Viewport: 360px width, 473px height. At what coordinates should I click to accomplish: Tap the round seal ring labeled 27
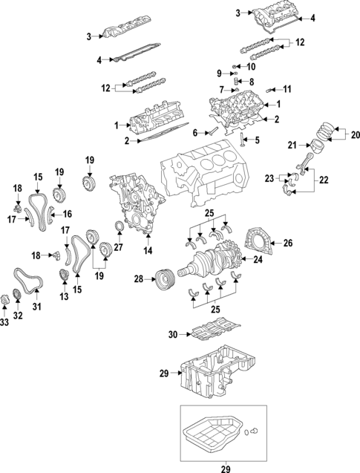tap(119, 226)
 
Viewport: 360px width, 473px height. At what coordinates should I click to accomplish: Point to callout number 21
tap(292, 144)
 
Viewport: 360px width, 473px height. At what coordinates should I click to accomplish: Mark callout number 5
tap(258, 140)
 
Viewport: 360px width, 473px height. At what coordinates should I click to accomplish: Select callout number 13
tap(63, 296)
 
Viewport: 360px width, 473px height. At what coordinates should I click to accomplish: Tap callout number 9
tap(219, 73)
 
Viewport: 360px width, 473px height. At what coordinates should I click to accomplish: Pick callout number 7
tap(220, 90)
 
